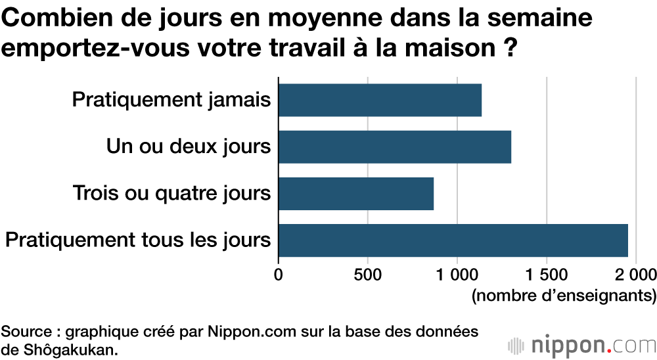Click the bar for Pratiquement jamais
coord(380,100)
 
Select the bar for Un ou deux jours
coord(394,146)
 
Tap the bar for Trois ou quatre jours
coord(356,194)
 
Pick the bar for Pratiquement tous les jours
coord(453,240)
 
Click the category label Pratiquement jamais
coord(171,101)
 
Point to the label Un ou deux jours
coord(189,146)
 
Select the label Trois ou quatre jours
coord(172,194)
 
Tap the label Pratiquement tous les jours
coord(138,240)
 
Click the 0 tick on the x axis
coord(279,273)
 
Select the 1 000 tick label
coord(457,273)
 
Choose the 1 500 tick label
coord(547,273)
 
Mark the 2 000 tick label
coord(635,273)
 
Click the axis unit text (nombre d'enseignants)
coord(564,295)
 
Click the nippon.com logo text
coord(594,344)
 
